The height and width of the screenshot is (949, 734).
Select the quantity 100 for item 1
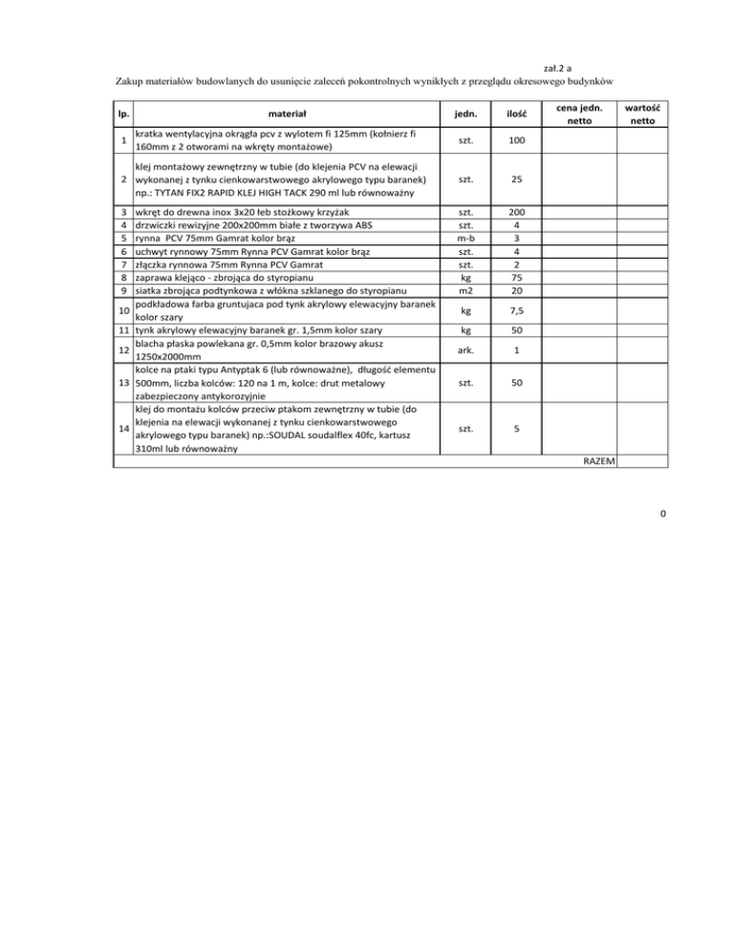(516, 141)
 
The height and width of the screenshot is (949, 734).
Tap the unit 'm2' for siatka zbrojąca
(465, 290)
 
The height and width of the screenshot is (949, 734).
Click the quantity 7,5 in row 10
(516, 310)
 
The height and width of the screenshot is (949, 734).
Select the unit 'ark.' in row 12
(465, 350)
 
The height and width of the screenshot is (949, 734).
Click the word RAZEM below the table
(598, 461)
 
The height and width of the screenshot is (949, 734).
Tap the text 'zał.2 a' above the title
(558, 69)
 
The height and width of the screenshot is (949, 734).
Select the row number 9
(124, 290)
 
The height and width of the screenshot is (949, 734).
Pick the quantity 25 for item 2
(516, 179)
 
